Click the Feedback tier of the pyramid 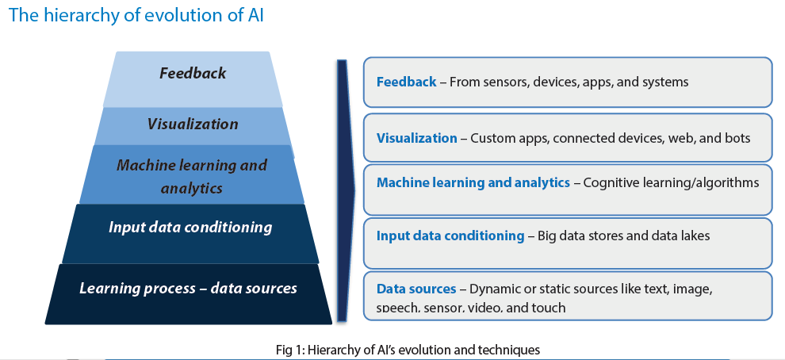click(x=193, y=79)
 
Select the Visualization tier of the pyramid click(x=193, y=126)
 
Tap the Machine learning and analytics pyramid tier click(x=192, y=174)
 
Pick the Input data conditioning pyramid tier click(x=190, y=233)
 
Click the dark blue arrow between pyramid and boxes click(x=344, y=190)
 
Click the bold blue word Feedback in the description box click(x=407, y=82)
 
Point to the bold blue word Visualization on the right click(x=416, y=138)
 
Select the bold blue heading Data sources click(x=416, y=289)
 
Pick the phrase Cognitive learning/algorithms click(x=672, y=183)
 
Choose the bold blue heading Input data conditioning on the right click(x=450, y=236)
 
